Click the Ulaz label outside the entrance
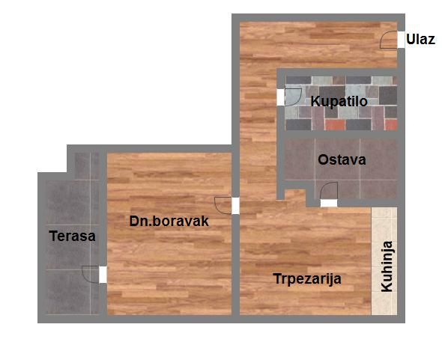click(420, 40)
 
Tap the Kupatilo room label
click(339, 101)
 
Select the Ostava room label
click(342, 159)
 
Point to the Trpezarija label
click(307, 279)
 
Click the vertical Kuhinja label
click(387, 266)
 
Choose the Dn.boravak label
click(169, 222)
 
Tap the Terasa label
click(72, 237)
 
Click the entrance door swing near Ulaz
click(390, 40)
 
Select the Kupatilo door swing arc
click(292, 96)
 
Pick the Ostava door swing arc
click(329, 193)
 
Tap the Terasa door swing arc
click(91, 274)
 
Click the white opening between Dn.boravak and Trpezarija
click(235, 205)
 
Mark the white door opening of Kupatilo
click(281, 96)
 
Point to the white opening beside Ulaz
click(401, 40)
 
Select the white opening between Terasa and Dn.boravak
click(103, 275)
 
